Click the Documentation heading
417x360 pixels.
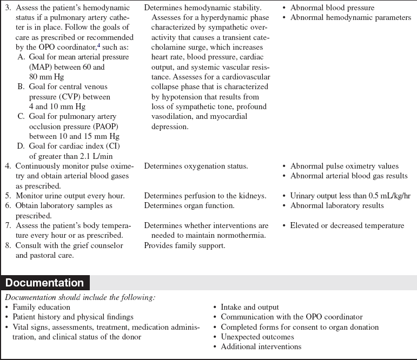(45, 283)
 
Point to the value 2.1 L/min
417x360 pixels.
(101, 155)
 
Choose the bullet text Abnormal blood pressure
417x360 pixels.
(332, 8)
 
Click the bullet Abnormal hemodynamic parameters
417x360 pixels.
(350, 18)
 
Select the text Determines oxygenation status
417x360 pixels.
(196, 166)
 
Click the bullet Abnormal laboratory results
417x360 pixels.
(337, 205)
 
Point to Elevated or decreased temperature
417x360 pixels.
(347, 225)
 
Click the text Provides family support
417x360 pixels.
(184, 245)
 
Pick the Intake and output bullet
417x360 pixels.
(249, 307)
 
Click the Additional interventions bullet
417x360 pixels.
(261, 346)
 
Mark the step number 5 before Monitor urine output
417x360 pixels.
(8, 196)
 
